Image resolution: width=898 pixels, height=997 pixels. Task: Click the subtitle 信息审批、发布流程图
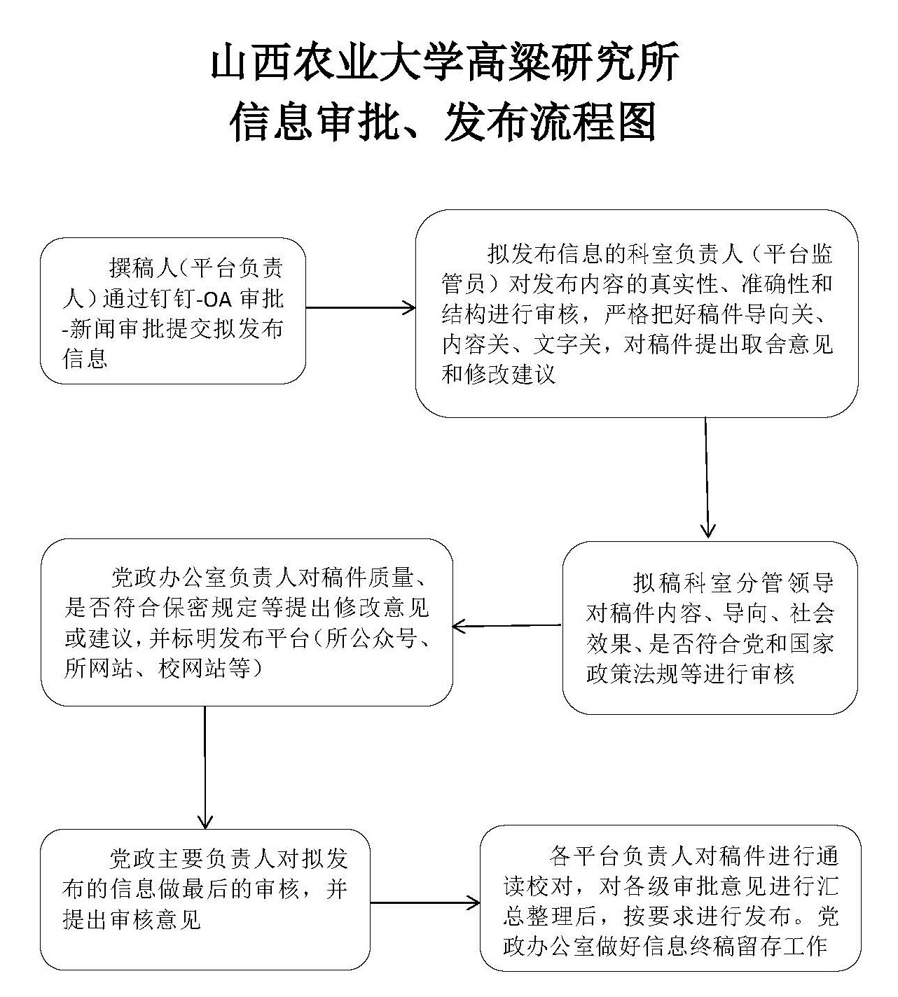(x=443, y=122)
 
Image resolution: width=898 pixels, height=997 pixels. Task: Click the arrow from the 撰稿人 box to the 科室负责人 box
(x=361, y=308)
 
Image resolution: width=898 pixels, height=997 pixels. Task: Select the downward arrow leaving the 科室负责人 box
(x=707, y=477)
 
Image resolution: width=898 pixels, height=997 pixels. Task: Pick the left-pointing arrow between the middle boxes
(x=507, y=626)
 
